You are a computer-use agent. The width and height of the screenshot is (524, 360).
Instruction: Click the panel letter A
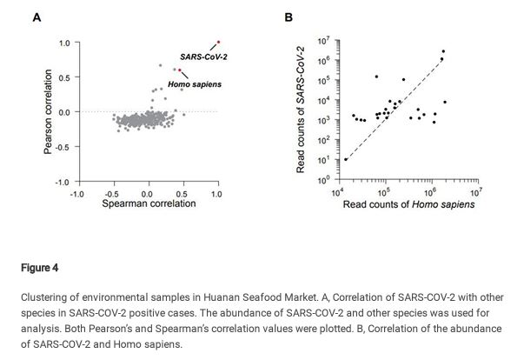36,17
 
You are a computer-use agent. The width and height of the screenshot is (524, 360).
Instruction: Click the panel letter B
289,17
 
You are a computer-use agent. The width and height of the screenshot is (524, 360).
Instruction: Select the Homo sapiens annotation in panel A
195,84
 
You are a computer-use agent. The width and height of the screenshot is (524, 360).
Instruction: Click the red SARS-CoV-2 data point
217,41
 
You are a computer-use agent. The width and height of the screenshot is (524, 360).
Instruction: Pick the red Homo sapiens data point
180,70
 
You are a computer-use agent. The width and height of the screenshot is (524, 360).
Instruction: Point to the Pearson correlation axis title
49,111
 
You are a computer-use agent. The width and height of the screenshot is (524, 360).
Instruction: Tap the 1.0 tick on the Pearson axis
64,43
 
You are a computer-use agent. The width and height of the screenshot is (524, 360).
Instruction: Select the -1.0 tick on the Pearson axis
63,182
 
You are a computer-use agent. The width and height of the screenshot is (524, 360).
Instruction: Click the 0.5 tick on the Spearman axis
182,193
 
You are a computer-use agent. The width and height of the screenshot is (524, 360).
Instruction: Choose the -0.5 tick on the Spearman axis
112,193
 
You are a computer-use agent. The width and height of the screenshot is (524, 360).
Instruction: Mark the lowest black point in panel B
346,159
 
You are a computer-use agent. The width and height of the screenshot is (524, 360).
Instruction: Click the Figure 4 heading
36,268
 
